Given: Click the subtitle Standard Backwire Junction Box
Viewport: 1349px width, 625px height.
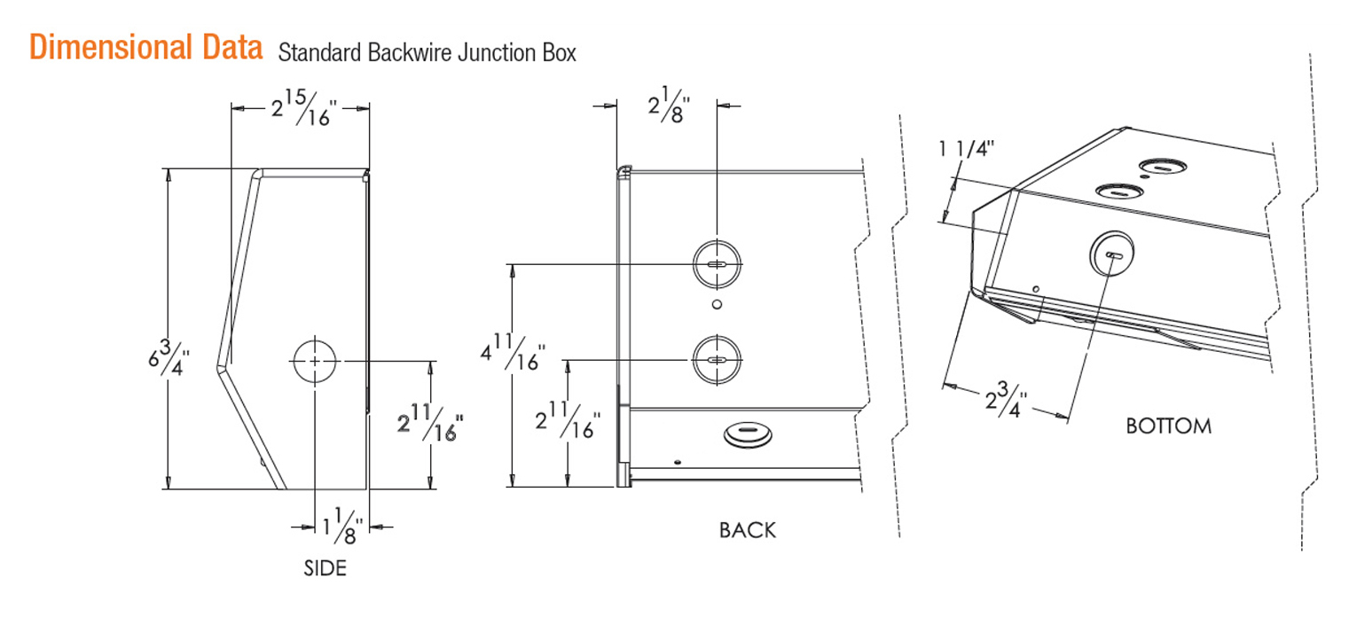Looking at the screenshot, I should [427, 53].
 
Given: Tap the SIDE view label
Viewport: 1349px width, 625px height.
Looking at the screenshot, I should [325, 568].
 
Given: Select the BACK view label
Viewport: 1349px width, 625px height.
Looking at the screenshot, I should [747, 531].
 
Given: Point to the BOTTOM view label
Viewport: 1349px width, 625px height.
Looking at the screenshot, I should [1168, 426].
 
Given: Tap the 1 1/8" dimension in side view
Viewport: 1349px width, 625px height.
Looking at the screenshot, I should [341, 529].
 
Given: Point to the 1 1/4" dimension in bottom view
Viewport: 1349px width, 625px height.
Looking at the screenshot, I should [967, 149].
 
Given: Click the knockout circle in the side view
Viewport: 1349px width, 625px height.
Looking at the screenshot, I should [315, 362].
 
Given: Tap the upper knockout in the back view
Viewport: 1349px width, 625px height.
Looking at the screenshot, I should [717, 264].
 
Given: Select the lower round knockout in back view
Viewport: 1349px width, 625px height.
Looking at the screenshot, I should [717, 359].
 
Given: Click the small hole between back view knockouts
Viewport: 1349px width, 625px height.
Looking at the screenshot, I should [717, 305].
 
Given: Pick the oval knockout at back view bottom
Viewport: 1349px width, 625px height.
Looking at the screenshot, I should [748, 434].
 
